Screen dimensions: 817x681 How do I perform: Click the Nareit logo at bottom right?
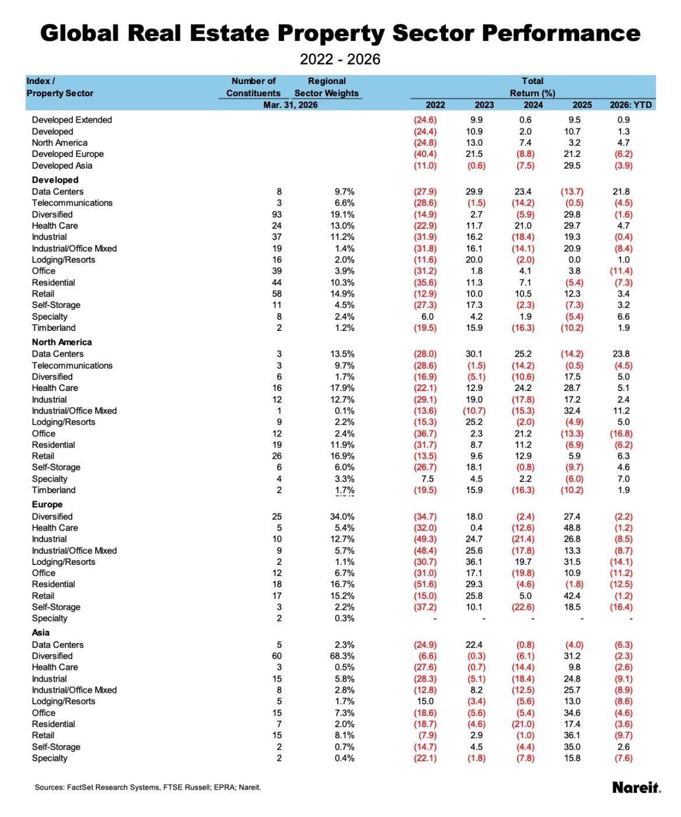(x=637, y=787)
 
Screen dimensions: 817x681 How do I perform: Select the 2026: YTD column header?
(x=631, y=105)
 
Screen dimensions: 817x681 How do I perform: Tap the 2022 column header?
(x=435, y=105)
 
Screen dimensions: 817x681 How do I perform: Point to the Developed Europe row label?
(x=68, y=154)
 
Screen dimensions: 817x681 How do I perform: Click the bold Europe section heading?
(x=47, y=505)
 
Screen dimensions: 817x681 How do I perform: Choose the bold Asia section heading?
(x=41, y=633)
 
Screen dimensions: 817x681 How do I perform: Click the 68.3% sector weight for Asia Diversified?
(x=342, y=656)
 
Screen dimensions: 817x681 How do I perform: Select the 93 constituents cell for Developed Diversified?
(x=277, y=214)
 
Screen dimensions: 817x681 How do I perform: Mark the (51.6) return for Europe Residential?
(x=425, y=584)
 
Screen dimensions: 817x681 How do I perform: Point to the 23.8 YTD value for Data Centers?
(x=623, y=354)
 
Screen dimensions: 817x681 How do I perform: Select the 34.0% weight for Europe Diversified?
(x=342, y=516)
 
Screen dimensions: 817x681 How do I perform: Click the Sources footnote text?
(x=148, y=787)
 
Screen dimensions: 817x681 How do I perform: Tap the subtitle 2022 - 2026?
(x=340, y=59)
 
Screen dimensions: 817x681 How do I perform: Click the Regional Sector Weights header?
(x=326, y=87)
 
